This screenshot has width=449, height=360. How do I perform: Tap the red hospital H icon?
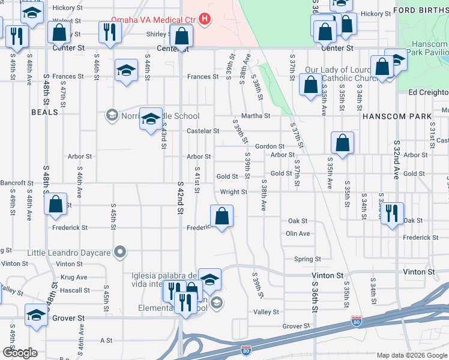(x=205, y=20)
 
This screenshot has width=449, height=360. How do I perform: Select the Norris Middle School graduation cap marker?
(x=151, y=118)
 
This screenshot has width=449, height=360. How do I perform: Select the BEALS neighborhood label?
(x=44, y=112)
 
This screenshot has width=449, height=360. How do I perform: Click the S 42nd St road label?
(x=180, y=202)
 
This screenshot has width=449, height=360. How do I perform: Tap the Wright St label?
(x=234, y=192)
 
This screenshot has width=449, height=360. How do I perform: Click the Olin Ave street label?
(x=298, y=233)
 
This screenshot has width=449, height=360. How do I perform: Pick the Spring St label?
(x=307, y=259)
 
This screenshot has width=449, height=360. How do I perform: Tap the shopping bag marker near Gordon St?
(x=342, y=144)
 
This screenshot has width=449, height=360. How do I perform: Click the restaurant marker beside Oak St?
(x=391, y=214)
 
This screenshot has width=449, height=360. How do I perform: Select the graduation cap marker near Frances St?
(x=126, y=71)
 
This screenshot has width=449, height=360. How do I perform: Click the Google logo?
(x=20, y=353)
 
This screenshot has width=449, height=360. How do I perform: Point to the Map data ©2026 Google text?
(x=412, y=355)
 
